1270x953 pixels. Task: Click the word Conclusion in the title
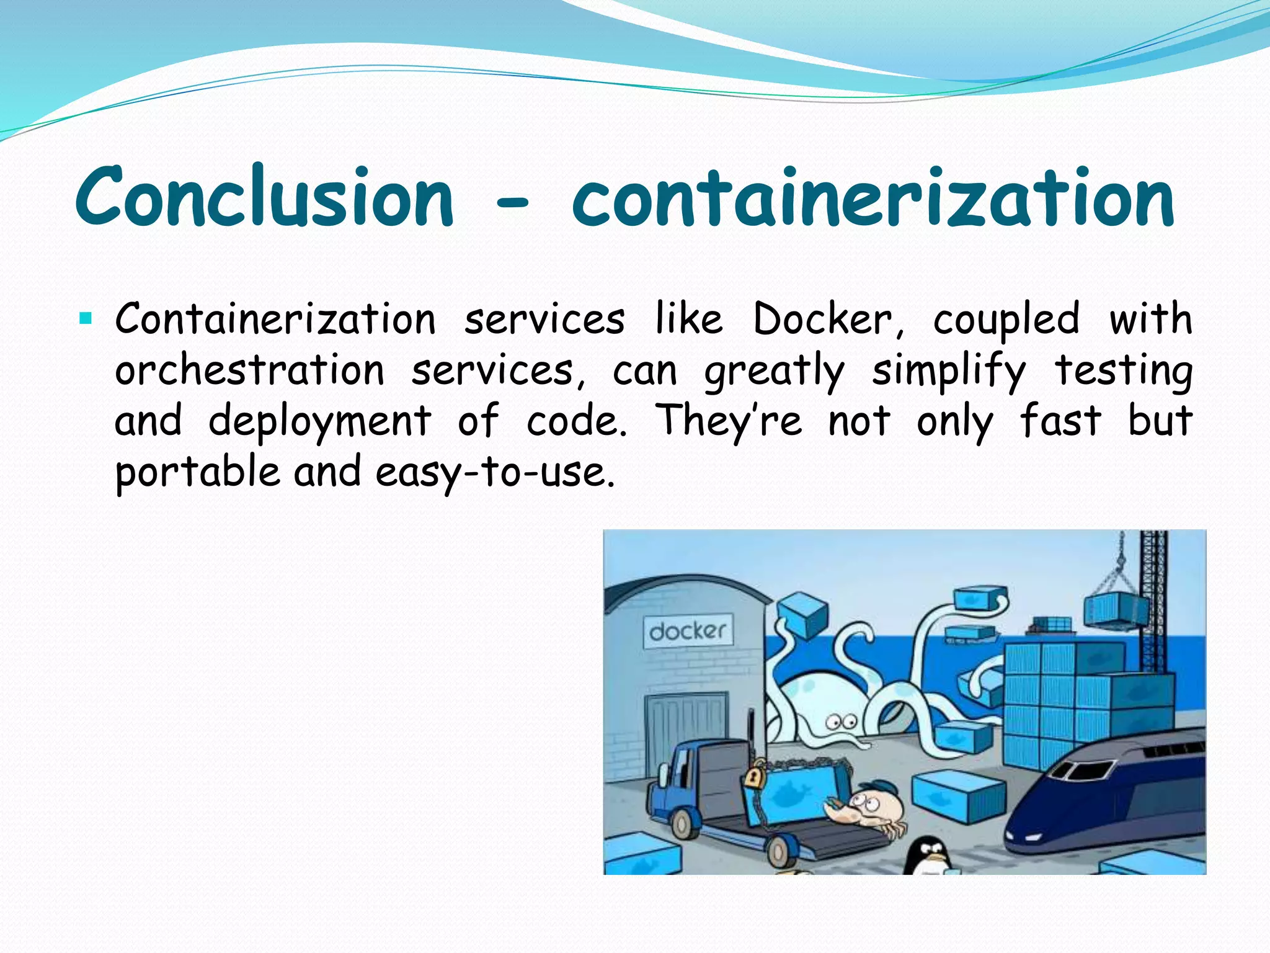coord(265,197)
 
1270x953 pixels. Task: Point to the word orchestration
coord(249,371)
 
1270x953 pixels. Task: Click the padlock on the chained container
coord(754,777)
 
